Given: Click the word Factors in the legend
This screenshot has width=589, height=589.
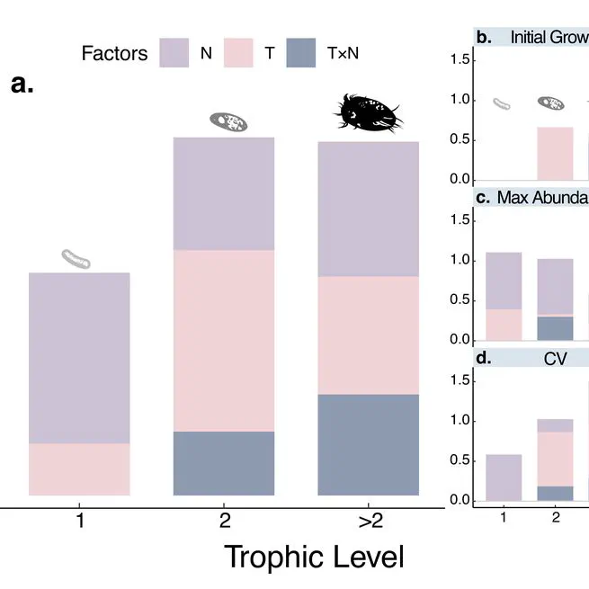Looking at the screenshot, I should point(114,53).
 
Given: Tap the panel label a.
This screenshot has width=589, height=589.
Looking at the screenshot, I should point(22,85).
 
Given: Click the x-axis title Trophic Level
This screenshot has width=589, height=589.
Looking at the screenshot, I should point(314,556).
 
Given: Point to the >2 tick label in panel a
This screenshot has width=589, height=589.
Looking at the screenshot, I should point(369,519).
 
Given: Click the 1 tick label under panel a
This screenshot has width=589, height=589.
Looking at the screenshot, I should point(80,519).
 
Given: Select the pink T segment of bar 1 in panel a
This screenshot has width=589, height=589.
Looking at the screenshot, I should point(80,469).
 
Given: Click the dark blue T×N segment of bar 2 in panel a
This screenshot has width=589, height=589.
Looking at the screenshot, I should point(223,463).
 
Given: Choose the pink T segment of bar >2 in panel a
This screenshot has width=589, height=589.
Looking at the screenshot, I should point(369,335).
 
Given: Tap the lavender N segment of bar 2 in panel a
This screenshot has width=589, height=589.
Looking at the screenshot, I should point(223,193).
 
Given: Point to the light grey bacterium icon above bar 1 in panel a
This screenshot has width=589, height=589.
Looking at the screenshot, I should point(76,259).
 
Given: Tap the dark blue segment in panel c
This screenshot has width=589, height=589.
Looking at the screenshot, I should point(555,327).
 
